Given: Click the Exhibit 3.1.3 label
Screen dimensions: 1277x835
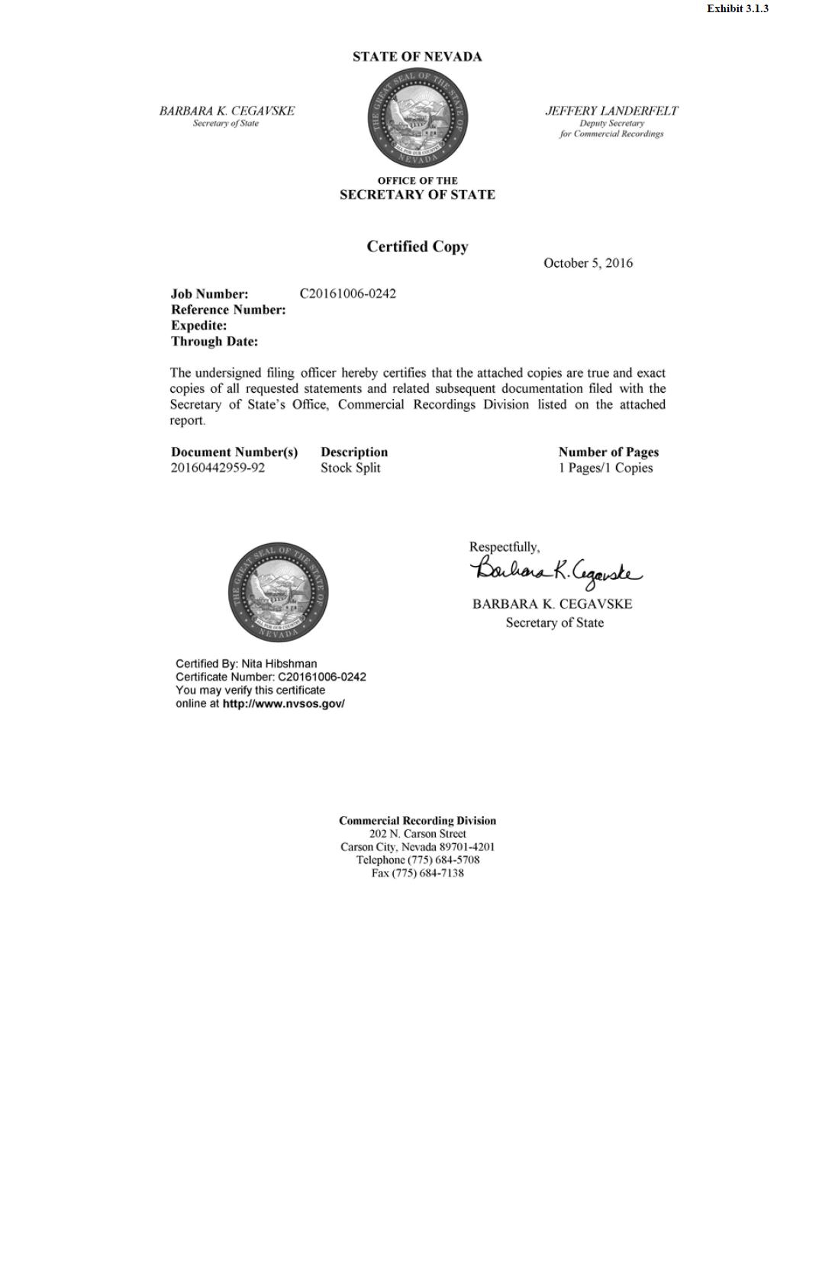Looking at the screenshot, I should coord(737,8).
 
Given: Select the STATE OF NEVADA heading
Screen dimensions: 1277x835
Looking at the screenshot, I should coord(417,56).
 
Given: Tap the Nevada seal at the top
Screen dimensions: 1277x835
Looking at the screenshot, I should coord(417,117).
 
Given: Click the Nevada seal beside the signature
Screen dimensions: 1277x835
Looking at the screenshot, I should coord(278,593).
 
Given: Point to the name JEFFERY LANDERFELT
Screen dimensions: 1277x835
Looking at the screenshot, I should coord(611,111).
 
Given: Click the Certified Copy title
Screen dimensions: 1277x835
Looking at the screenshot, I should coord(417,246).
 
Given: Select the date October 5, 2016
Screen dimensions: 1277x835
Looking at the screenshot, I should coord(588,263).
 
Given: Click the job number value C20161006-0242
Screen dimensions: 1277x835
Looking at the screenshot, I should coord(347,294).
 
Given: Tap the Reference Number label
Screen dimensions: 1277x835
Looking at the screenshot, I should coord(228,310).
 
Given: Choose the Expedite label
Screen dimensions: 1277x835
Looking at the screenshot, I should coord(198,326).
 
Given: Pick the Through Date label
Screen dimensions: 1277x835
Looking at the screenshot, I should coord(214,342).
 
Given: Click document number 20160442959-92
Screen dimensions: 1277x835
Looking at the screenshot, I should coord(218,468).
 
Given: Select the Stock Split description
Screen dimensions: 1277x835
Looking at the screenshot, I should coord(350,468).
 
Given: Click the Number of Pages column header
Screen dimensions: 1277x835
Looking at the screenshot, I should coord(608,452).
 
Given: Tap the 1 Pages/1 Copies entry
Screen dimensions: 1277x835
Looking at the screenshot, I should coord(605,468).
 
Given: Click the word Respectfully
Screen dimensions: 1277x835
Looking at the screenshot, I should coord(504,547).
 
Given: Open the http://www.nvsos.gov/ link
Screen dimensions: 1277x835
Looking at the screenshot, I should coord(283,703).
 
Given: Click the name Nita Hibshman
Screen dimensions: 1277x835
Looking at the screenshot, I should coord(279,664).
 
